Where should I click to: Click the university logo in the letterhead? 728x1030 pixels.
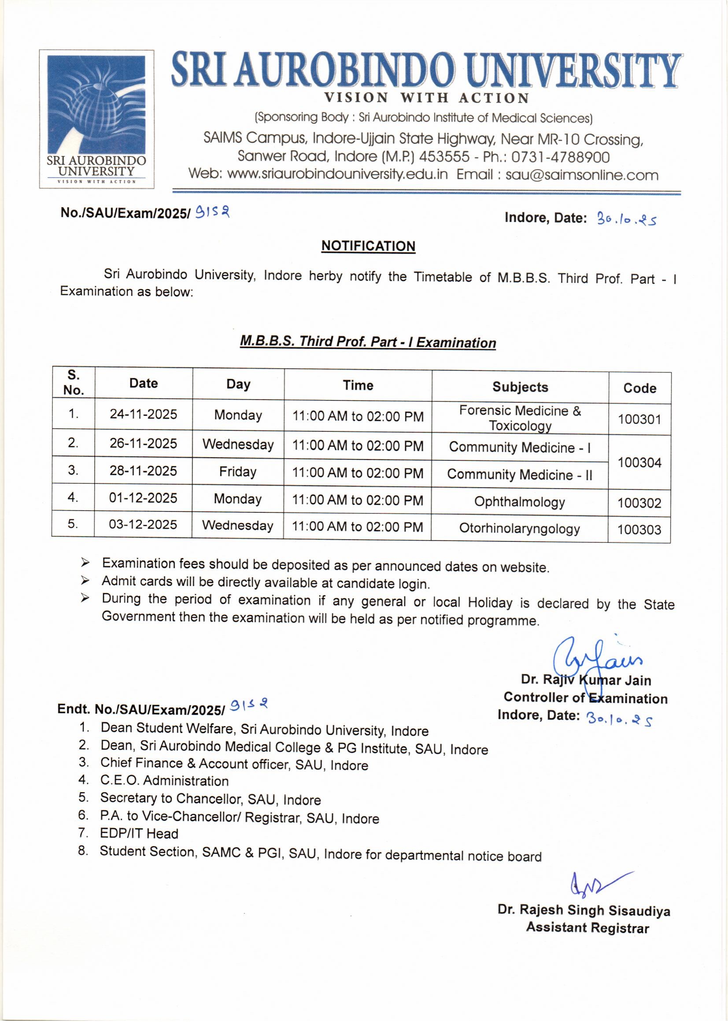tap(96, 119)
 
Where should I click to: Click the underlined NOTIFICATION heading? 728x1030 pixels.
tap(368, 246)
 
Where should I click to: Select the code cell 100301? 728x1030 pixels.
tap(639, 419)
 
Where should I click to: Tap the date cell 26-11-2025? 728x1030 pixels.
tap(144, 443)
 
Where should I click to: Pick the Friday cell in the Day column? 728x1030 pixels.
tap(238, 471)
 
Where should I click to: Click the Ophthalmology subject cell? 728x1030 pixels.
tap(519, 501)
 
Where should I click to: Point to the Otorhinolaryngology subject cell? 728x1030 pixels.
tap(519, 529)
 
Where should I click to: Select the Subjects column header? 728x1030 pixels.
tap(520, 387)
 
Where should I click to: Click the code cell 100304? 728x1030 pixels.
tap(639, 462)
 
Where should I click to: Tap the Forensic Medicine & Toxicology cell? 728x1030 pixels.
tap(520, 418)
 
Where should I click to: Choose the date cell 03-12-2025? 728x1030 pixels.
tap(143, 524)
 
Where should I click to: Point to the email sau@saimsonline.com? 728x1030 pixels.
tap(582, 175)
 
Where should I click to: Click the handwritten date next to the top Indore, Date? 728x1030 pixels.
tap(626, 219)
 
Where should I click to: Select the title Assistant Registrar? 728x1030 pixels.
tap(587, 927)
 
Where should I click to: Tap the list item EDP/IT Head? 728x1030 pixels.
tap(139, 834)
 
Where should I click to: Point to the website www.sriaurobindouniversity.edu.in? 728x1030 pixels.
tap(337, 174)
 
